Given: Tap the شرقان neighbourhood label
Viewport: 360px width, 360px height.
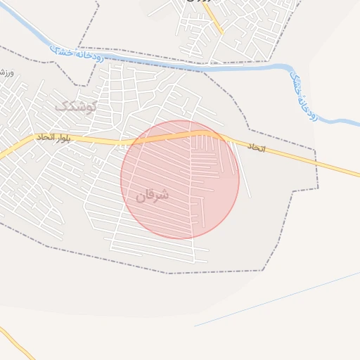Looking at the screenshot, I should tap(153, 195).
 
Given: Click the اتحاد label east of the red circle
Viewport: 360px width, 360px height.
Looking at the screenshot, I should tap(256, 148).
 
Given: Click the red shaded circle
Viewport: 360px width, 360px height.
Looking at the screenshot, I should tap(180, 179).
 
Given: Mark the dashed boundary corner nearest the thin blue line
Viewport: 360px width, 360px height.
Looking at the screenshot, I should tap(264, 270).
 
